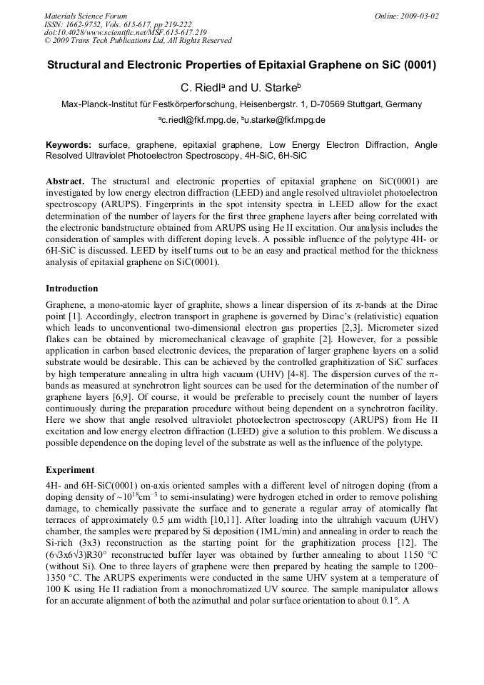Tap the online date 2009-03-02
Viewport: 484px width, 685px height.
point(418,16)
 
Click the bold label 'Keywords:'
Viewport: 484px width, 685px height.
point(69,145)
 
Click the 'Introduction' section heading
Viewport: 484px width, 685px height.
point(72,289)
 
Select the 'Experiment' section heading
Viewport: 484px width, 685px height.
point(70,471)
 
